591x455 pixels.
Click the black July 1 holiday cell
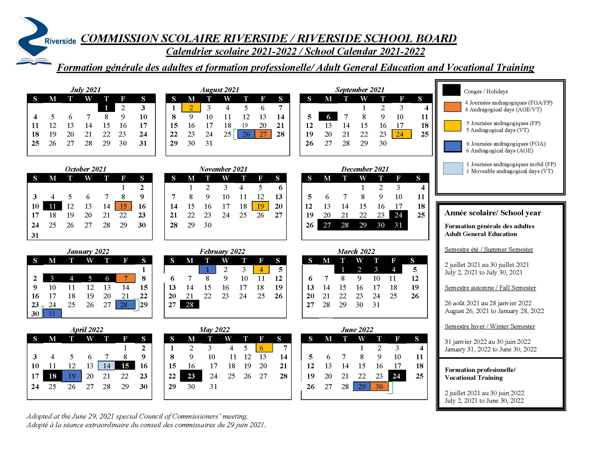point(106,108)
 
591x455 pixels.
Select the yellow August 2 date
point(191,108)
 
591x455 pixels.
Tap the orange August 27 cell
point(263,134)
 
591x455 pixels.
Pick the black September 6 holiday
point(328,117)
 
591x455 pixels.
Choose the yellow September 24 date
point(401,134)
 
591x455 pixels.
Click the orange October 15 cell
point(123,206)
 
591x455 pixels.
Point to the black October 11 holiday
point(53,206)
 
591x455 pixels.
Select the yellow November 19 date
point(260,206)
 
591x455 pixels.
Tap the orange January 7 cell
point(126,278)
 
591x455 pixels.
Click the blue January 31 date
point(52,314)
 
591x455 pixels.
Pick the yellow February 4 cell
point(261,270)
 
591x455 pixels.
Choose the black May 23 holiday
point(191,376)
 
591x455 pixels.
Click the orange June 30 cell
point(379,387)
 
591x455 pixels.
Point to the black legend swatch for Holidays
point(451,90)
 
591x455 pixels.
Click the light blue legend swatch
point(453,168)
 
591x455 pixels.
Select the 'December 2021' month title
point(365,169)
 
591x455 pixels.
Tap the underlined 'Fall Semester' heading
point(490,288)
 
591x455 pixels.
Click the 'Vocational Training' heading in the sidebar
point(474,378)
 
